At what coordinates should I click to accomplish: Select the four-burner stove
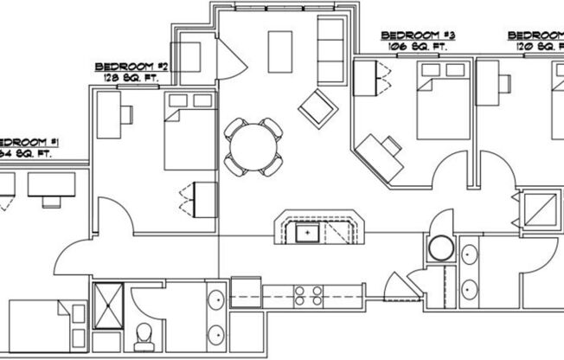tap(309, 295)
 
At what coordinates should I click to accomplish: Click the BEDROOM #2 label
tap(131, 67)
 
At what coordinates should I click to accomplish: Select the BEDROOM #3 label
tap(418, 35)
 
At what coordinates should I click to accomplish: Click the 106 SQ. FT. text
tap(416, 47)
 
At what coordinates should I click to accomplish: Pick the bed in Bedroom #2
tap(189, 130)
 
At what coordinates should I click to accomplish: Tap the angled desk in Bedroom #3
tap(381, 157)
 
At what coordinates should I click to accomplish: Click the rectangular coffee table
tap(279, 51)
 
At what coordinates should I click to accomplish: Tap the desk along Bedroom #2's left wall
tap(108, 113)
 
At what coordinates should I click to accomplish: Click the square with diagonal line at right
tap(539, 209)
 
